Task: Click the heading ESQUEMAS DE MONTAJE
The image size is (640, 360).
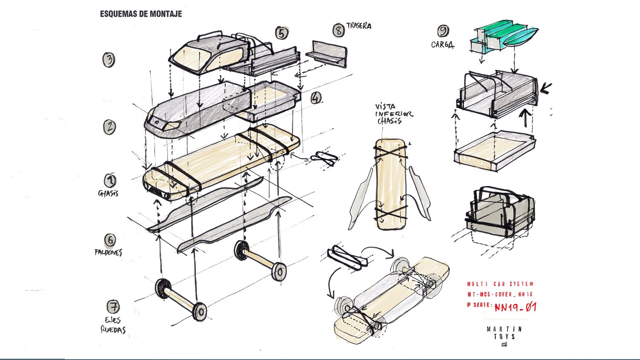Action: pyautogui.click(x=141, y=14)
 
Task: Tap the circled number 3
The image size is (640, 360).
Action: pyautogui.click(x=109, y=59)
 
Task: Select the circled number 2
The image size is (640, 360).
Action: pyautogui.click(x=110, y=127)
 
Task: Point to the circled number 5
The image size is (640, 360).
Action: pyautogui.click(x=281, y=33)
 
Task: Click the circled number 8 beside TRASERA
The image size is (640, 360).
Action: pyautogui.click(x=339, y=30)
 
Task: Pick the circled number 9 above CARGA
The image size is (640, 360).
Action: pyautogui.click(x=443, y=31)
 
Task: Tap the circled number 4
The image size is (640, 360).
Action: pyautogui.click(x=316, y=98)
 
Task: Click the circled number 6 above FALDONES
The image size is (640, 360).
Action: pyautogui.click(x=110, y=240)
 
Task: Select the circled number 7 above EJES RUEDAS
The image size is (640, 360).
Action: pyautogui.click(x=113, y=306)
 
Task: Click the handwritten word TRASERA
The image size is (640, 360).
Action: pyautogui.click(x=359, y=26)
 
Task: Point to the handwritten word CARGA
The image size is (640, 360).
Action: pyautogui.click(x=442, y=44)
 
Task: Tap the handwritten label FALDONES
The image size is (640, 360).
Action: pyautogui.click(x=108, y=252)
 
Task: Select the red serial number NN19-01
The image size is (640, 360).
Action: pyautogui.click(x=515, y=307)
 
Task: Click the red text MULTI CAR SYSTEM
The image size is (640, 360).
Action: pyautogui.click(x=500, y=284)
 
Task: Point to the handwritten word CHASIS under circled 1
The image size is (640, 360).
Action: pyautogui.click(x=108, y=193)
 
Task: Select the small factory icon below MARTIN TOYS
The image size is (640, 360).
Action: pyautogui.click(x=504, y=344)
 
